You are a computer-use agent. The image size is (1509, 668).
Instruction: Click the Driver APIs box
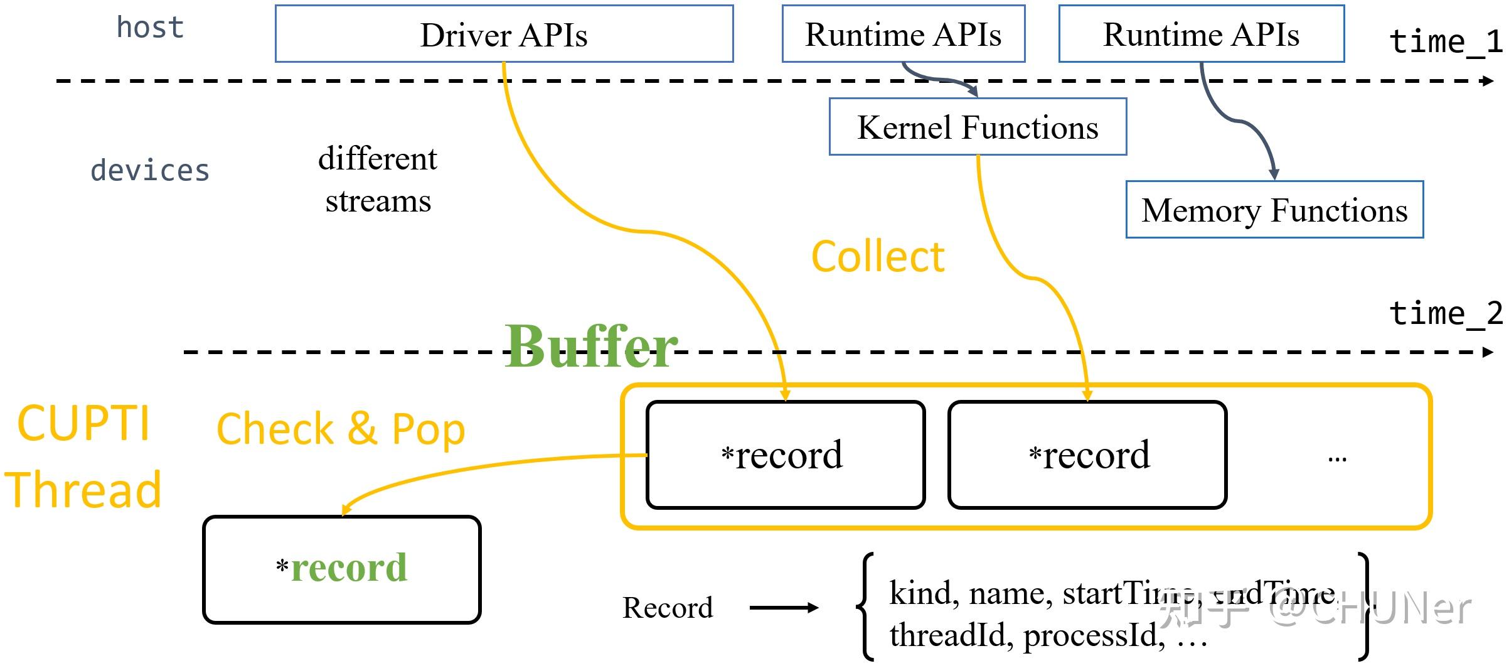pos(504,34)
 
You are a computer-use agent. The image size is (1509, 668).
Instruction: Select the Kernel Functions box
pos(978,127)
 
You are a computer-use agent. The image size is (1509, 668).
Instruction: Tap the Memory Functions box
pos(1274,210)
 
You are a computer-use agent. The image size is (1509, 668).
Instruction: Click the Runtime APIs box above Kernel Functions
pos(903,34)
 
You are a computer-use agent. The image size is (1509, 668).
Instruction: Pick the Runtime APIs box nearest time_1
pos(1201,34)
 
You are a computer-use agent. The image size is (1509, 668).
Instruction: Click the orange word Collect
pos(878,257)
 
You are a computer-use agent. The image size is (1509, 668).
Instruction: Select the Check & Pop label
pos(341,429)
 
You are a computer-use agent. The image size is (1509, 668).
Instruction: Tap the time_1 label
pos(1446,42)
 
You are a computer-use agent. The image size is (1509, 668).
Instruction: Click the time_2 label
pos(1446,313)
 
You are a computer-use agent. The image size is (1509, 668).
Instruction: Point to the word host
pos(150,28)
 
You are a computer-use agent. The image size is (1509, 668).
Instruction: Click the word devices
pos(149,171)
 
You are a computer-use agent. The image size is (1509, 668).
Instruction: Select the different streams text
pos(378,180)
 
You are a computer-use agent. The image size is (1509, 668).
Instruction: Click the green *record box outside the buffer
pos(342,569)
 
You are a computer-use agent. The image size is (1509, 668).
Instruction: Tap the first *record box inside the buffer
pos(785,455)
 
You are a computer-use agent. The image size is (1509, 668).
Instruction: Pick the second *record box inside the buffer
pos(1087,455)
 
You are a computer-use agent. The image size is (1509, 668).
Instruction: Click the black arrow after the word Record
pos(784,607)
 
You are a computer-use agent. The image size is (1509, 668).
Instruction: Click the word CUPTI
pos(83,423)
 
